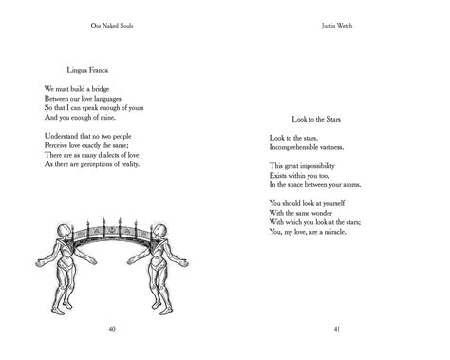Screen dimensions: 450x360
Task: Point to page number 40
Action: (113, 329)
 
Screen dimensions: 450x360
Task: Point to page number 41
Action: (337, 329)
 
